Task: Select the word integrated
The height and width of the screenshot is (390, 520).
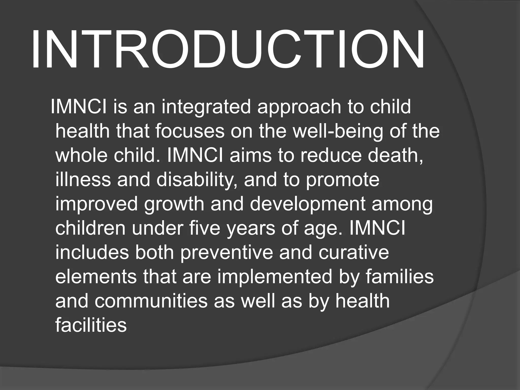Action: (x=206, y=107)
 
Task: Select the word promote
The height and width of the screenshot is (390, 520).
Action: (x=343, y=180)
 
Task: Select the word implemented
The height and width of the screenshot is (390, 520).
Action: (x=274, y=277)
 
